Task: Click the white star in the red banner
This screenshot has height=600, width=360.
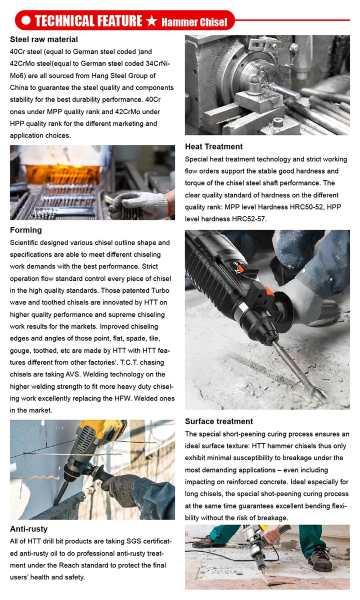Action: pyautogui.click(x=152, y=21)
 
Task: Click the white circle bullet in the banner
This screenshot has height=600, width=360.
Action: pyautogui.click(x=25, y=21)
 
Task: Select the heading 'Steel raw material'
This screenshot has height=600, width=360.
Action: pyautogui.click(x=44, y=39)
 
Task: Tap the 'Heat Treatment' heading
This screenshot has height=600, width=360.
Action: pyautogui.click(x=213, y=146)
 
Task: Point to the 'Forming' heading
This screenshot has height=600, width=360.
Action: pyautogui.click(x=26, y=230)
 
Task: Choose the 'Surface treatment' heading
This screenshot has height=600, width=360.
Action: pyautogui.click(x=219, y=421)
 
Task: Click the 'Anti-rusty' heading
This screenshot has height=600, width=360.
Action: pyautogui.click(x=29, y=528)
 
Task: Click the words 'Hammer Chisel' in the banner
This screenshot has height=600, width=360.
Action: pyautogui.click(x=194, y=21)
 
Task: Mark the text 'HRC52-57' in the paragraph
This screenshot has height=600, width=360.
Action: pyautogui.click(x=248, y=219)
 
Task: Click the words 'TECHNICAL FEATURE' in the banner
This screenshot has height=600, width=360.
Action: pyautogui.click(x=88, y=21)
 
